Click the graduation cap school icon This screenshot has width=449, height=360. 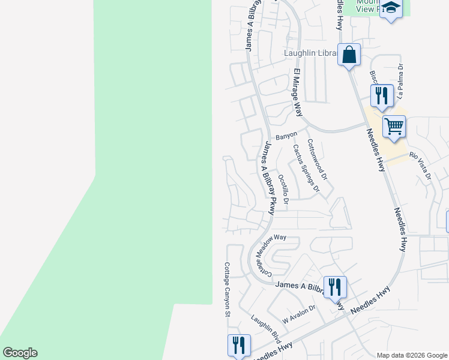coord(391,9)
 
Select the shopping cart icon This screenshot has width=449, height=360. coord(394,127)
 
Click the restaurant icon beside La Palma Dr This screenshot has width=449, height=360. coord(382,95)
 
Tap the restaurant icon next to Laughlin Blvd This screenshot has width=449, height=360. coord(239,345)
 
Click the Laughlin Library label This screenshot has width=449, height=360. coord(309,53)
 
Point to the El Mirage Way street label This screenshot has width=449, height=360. coord(297,92)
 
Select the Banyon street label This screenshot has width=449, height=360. coord(286,136)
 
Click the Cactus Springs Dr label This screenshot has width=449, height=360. coord(306,169)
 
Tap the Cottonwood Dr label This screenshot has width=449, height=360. coord(318,160)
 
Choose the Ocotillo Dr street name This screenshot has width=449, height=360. coord(283,188)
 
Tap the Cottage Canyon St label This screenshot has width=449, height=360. coord(228,289)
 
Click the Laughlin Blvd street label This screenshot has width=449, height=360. coord(266,328)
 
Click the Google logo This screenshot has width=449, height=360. coord(20,353)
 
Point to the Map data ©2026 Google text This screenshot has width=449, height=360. coord(411,355)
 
